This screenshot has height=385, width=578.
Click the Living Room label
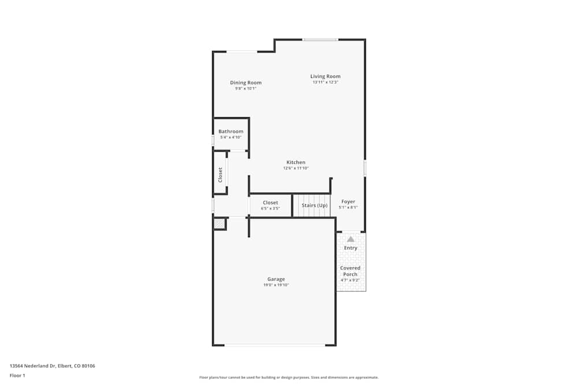coord(325,76)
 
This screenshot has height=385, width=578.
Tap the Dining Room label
coord(246,83)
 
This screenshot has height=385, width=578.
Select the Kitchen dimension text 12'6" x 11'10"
coord(296,169)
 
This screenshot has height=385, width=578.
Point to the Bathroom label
coord(231,132)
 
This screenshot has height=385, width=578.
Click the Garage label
coord(276,279)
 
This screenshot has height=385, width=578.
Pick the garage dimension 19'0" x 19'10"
coord(276,285)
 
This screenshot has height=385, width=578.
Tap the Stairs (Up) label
coord(314,205)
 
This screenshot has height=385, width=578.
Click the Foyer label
coord(348,201)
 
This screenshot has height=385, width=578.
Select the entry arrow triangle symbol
coord(350,238)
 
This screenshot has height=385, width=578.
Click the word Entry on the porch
coord(350,248)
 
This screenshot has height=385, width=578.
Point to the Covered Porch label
coord(350,271)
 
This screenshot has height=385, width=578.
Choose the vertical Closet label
coord(220,175)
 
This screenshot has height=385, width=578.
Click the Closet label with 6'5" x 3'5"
coord(271,203)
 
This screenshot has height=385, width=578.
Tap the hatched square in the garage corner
coord(220,224)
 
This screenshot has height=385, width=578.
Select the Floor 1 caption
coord(17,376)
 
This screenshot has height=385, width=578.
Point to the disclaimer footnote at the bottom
coord(289,377)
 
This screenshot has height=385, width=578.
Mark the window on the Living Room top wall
coord(320,40)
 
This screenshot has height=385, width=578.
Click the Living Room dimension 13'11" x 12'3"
coord(325,83)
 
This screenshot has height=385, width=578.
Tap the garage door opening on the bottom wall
coord(275,345)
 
